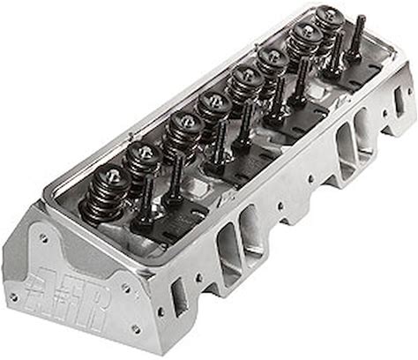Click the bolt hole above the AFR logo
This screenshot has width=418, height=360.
tap(44, 238)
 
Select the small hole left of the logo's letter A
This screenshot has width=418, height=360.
tap(12, 296)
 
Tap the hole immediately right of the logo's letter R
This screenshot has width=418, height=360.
tap(127, 289)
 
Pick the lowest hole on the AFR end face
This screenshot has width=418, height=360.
tap(136, 327)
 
